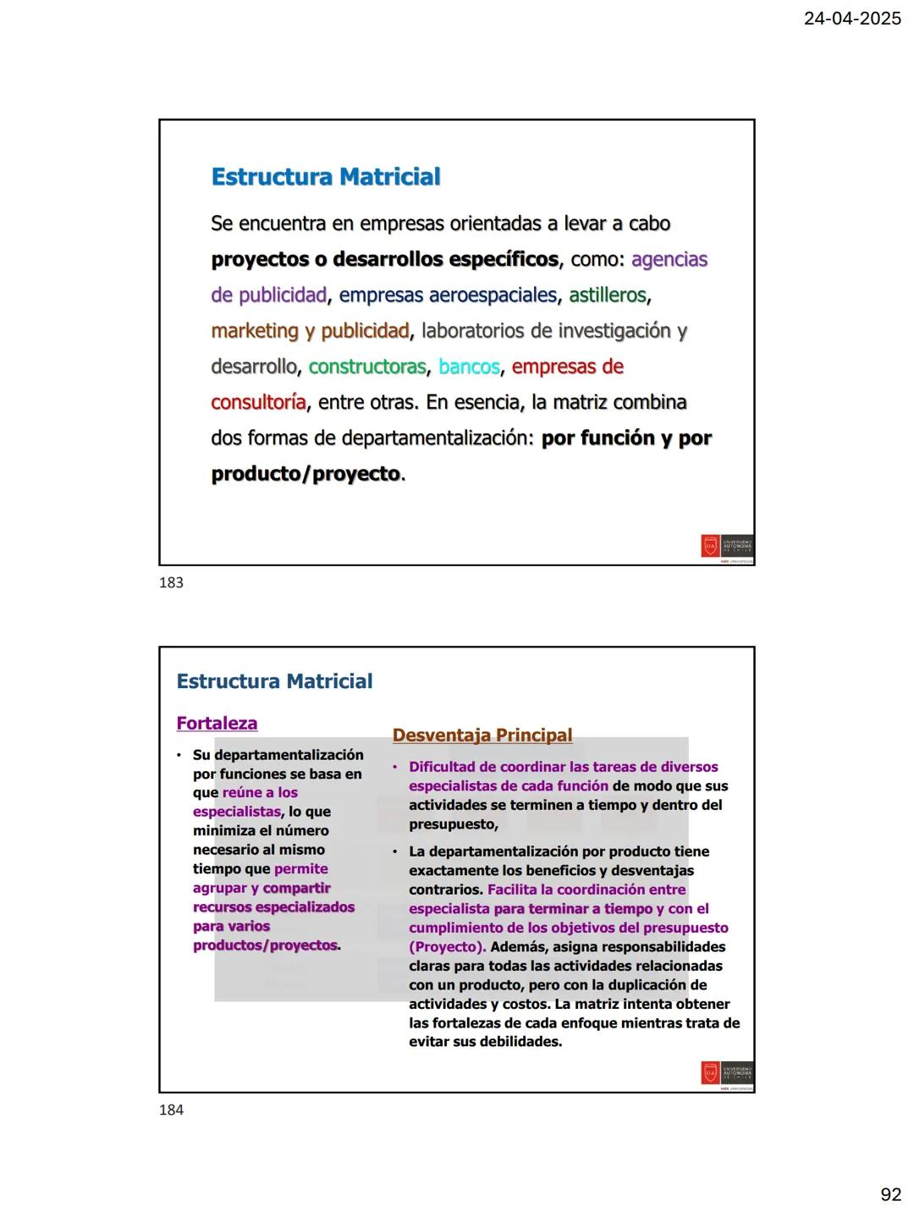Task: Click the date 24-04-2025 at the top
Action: [852, 18]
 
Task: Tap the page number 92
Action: [890, 1194]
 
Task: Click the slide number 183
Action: [171, 582]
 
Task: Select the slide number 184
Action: [171, 1110]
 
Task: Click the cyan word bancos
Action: [469, 366]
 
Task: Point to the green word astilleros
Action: [607, 295]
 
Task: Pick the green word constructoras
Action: [367, 366]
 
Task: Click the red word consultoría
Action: [258, 402]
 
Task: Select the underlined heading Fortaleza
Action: [217, 723]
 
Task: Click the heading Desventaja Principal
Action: [482, 735]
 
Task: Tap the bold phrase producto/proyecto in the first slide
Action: [306, 473]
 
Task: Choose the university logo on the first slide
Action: [727, 547]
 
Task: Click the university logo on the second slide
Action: [727, 1074]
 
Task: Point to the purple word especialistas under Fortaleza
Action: [236, 812]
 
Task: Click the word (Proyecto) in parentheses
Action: [447, 946]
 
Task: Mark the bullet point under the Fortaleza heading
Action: [179, 755]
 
